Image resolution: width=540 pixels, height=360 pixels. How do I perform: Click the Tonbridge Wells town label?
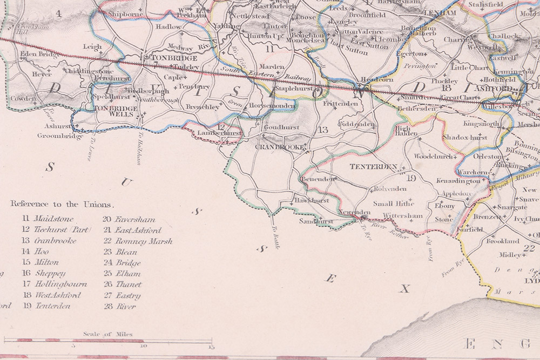point(116,112)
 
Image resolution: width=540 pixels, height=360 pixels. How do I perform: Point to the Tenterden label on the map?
point(373,167)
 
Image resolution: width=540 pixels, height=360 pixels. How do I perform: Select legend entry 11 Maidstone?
point(48,219)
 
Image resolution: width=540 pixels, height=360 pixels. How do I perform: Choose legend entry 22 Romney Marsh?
point(138,241)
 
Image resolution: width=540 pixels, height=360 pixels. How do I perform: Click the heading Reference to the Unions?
point(63,205)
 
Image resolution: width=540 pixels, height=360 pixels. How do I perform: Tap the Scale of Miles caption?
point(107,334)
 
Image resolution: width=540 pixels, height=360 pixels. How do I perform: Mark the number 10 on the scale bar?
point(143,347)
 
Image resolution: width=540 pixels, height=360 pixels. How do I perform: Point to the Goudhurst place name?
point(281,127)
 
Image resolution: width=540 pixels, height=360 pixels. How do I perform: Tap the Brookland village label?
point(503,241)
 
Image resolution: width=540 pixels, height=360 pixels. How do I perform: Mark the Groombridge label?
point(60,136)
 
